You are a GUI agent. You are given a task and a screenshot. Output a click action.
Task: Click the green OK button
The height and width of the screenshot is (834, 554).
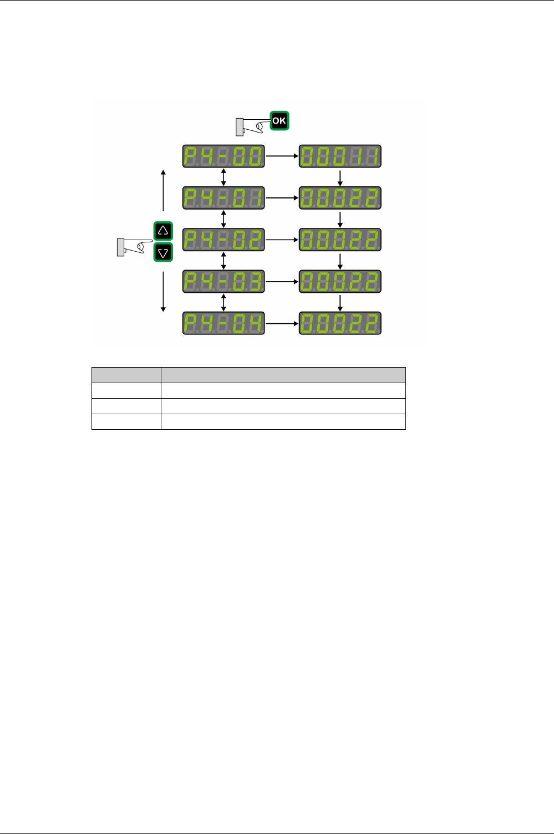pos(279,120)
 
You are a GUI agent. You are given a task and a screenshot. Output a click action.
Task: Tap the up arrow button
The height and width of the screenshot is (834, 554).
pos(163,230)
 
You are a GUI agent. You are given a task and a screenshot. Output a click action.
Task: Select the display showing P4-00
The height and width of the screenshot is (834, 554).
pos(223,156)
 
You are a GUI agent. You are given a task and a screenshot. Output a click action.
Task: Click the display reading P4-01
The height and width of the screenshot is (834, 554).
pos(223,198)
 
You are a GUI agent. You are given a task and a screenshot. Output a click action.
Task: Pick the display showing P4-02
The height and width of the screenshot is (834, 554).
pos(223,240)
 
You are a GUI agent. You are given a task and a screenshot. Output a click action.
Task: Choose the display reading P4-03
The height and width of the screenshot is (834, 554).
pos(223,282)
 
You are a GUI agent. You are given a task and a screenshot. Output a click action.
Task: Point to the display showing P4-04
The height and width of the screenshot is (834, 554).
pos(223,323)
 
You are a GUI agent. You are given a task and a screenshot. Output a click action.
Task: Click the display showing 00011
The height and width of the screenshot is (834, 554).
pos(340,156)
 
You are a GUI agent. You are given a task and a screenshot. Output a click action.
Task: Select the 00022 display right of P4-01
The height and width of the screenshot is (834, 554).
pos(340,198)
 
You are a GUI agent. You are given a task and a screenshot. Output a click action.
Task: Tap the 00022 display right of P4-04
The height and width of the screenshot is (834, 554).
pos(340,323)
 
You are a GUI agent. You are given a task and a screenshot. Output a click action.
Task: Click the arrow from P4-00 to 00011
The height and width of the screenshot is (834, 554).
pos(282,156)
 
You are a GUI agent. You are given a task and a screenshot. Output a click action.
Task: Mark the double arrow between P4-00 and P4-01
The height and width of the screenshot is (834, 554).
pos(223,177)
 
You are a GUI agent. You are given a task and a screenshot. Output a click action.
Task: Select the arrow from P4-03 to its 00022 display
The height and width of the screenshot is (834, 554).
pos(282,282)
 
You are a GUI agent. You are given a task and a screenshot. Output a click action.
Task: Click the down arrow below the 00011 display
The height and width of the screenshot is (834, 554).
pos(340,177)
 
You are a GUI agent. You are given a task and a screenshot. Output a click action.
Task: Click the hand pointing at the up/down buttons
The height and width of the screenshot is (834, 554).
pos(134,246)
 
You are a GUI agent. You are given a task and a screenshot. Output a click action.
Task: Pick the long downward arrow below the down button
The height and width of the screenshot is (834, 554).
pos(163,292)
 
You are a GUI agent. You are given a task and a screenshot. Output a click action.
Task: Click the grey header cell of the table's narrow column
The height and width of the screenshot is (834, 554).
pos(126,375)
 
